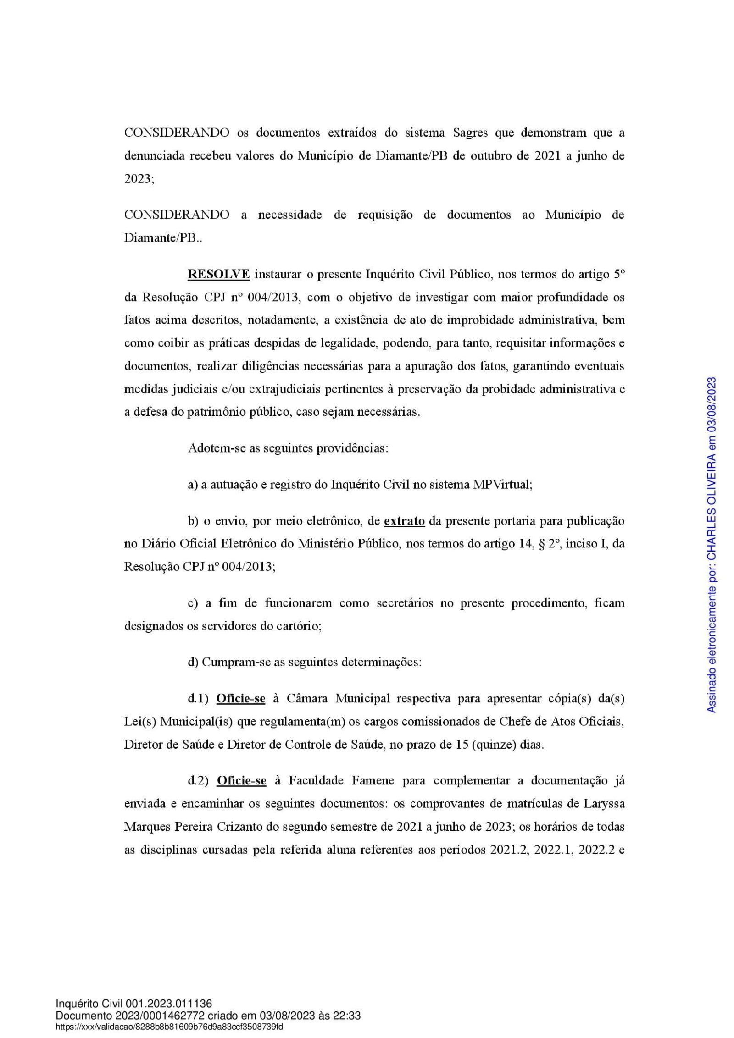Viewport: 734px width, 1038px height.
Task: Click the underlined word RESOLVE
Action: click(218, 275)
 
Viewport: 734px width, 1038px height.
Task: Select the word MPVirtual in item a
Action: click(502, 485)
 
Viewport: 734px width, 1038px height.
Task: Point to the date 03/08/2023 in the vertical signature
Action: click(712, 403)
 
